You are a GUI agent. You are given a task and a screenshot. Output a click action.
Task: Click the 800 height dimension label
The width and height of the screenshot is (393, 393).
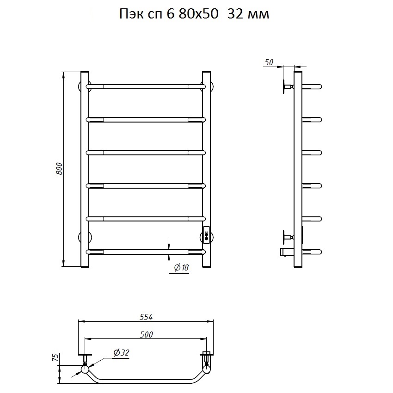pos(59,169)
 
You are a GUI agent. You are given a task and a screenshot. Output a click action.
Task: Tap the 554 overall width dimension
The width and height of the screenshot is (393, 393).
pos(146,317)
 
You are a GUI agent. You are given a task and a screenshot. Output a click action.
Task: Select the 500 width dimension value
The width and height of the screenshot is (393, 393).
pos(147,334)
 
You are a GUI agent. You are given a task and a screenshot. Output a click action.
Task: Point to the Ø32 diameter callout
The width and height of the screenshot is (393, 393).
pos(121,353)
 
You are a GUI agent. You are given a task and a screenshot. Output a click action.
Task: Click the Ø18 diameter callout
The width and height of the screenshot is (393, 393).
pos(181,268)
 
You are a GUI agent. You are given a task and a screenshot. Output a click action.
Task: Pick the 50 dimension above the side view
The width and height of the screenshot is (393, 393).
pos(269,62)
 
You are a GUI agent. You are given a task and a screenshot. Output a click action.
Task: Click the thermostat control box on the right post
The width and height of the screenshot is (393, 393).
pos(206,234)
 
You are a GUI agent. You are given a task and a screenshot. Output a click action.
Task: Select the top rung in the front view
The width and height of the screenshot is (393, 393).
pos(146,87)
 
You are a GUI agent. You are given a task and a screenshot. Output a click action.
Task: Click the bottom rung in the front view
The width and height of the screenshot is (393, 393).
pos(146,252)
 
